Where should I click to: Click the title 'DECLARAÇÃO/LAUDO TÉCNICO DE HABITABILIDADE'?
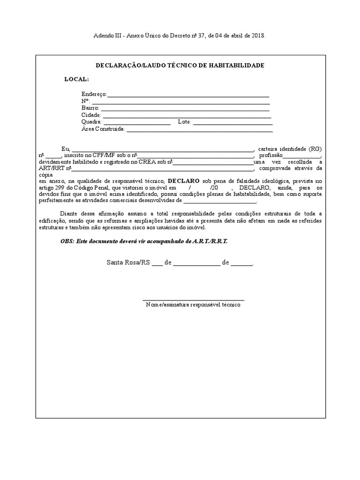(180, 65)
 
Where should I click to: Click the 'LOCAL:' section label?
(76, 79)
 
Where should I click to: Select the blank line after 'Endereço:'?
(188, 96)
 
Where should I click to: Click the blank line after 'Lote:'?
(232, 123)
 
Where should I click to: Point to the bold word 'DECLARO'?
(183, 180)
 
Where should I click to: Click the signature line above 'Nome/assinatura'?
(193, 300)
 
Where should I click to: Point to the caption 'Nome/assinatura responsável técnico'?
(193, 305)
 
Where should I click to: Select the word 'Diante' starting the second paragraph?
(70, 214)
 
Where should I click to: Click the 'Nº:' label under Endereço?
(85, 101)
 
